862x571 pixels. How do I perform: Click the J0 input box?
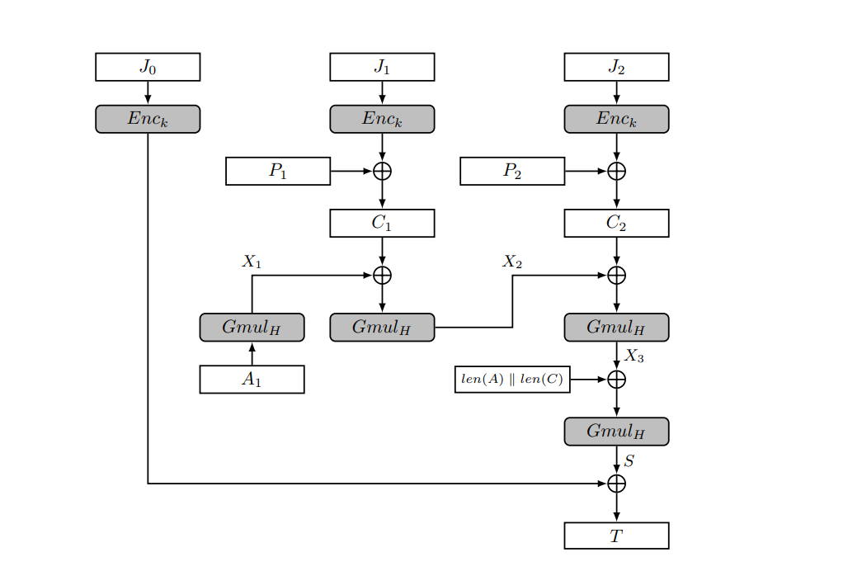[148, 67]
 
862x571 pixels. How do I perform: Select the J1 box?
[382, 67]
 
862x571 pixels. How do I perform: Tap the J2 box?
[616, 67]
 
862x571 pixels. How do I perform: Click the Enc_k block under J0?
[148, 119]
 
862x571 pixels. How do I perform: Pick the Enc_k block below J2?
[616, 119]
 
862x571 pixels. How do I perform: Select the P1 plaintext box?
[278, 171]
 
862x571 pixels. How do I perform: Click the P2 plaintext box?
[512, 171]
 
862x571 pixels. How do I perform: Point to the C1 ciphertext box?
[382, 223]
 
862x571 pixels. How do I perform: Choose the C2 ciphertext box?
[616, 223]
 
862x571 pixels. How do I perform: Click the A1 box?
[252, 380]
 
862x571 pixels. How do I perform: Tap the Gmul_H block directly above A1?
[252, 328]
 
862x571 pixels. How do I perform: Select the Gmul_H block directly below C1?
[382, 328]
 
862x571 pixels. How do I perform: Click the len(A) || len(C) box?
[512, 380]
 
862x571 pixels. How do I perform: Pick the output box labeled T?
[616, 536]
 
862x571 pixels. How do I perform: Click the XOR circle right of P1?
[382, 171]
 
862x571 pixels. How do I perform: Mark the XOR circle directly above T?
[616, 484]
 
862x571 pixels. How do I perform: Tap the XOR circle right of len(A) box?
[616, 380]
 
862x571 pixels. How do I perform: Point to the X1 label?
[252, 262]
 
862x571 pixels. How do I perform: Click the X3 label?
[634, 356]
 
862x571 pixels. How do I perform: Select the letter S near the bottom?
[629, 461]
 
